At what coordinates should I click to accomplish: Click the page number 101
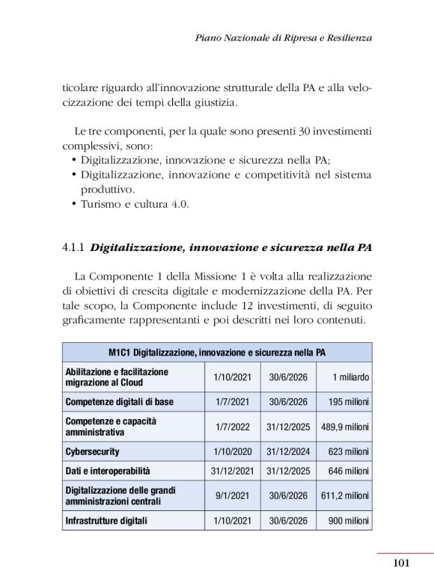(401, 563)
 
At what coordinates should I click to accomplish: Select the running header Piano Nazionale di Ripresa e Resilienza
(283, 37)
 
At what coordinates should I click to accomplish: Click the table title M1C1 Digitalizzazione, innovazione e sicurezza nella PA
(217, 352)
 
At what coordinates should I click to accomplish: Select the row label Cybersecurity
(93, 451)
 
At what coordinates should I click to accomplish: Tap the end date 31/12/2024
(288, 451)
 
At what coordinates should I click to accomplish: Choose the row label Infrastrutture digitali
(106, 520)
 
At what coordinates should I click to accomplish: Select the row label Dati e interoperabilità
(108, 471)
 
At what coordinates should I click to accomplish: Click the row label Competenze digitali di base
(120, 401)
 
